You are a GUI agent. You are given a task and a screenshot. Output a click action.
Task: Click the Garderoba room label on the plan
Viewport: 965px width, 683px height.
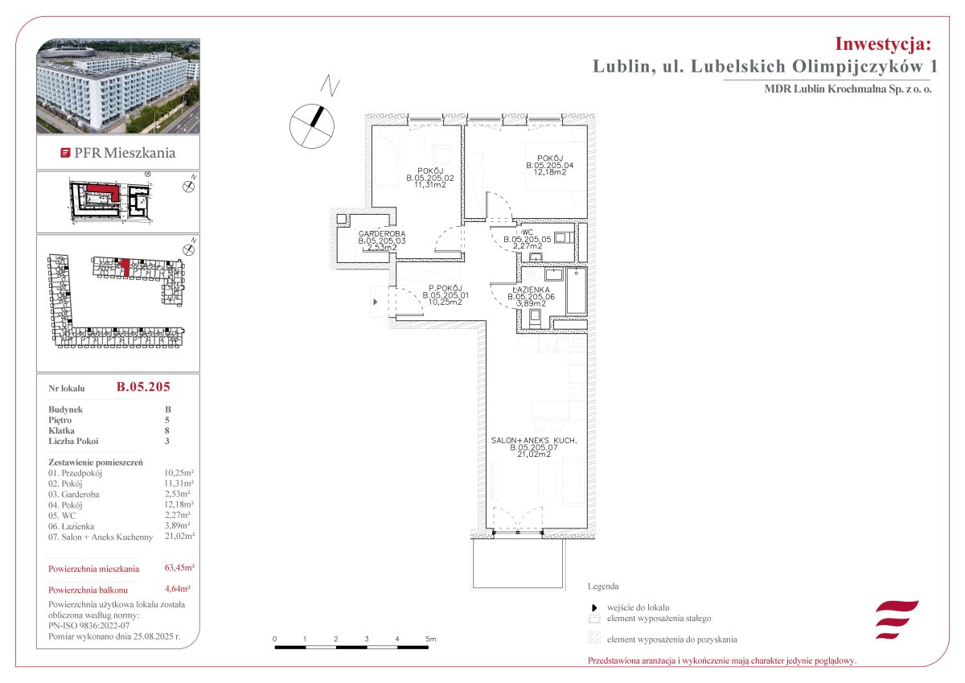pyautogui.click(x=382, y=234)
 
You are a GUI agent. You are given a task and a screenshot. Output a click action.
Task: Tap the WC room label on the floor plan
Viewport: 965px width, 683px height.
pyautogui.click(x=528, y=232)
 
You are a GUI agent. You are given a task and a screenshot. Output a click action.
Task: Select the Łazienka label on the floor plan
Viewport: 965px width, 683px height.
pyautogui.click(x=531, y=290)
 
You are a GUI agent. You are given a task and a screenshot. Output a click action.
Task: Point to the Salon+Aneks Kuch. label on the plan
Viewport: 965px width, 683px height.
pyautogui.click(x=534, y=440)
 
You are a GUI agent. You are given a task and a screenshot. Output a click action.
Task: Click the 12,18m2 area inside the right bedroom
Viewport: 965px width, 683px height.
pyautogui.click(x=550, y=172)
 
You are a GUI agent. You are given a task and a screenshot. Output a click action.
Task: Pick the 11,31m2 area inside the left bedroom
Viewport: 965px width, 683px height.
pyautogui.click(x=430, y=184)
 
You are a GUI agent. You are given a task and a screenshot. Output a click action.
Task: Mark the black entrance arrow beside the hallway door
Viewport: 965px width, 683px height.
pyautogui.click(x=376, y=302)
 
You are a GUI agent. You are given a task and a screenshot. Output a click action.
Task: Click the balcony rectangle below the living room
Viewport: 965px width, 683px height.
pyautogui.click(x=518, y=564)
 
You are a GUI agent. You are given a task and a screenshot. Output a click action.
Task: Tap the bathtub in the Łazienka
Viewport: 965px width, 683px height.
pyautogui.click(x=576, y=291)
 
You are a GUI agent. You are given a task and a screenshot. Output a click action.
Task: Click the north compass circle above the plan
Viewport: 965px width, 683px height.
pyautogui.click(x=312, y=125)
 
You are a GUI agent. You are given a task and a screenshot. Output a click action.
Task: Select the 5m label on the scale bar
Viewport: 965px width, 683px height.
pyautogui.click(x=431, y=639)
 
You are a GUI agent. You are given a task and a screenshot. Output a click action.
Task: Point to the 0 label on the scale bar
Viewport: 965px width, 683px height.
pyautogui.click(x=274, y=639)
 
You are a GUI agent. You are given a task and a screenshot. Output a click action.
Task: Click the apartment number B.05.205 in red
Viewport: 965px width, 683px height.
pyautogui.click(x=143, y=386)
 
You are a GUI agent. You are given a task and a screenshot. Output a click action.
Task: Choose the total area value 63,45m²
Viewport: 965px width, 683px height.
pyautogui.click(x=179, y=567)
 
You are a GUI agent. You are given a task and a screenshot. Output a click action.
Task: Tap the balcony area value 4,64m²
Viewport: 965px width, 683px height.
pyautogui.click(x=178, y=589)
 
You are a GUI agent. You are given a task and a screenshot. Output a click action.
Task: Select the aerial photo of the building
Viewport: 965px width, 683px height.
pyautogui.click(x=118, y=86)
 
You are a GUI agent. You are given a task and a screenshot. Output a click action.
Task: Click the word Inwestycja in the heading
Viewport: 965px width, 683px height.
pyautogui.click(x=883, y=44)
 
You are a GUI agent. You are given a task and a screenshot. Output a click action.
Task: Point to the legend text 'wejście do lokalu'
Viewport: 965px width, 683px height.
pyautogui.click(x=638, y=607)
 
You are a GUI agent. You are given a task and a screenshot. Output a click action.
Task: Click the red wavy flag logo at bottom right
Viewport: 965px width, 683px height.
pyautogui.click(x=897, y=619)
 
